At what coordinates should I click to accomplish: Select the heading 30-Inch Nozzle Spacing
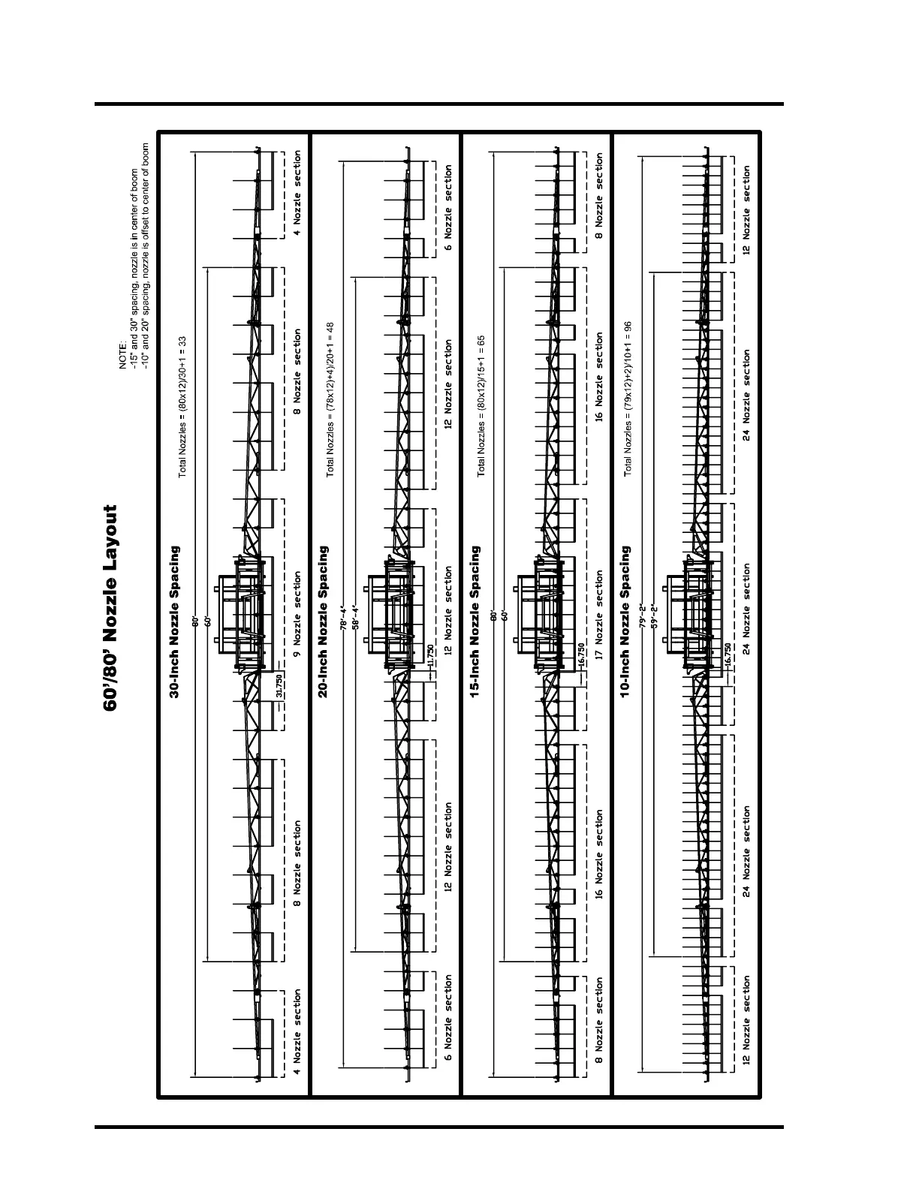[174, 622]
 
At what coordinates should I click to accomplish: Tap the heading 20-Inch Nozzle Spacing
[324, 622]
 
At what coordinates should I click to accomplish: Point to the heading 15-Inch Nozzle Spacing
[475, 622]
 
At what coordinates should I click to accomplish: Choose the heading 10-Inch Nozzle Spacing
[626, 622]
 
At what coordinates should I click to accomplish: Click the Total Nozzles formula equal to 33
[182, 407]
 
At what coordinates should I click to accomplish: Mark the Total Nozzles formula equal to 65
[481, 405]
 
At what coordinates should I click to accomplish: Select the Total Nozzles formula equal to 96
[628, 398]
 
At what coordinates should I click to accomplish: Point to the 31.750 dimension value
[279, 687]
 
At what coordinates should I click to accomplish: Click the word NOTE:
[123, 354]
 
